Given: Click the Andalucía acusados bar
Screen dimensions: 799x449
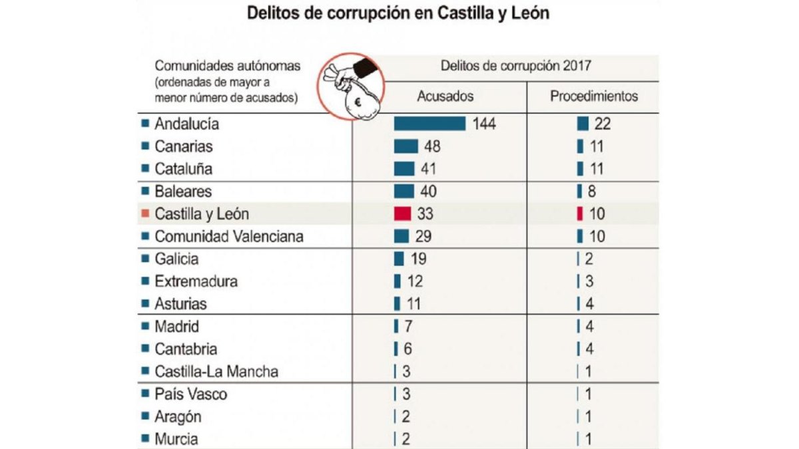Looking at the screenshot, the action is [429, 124].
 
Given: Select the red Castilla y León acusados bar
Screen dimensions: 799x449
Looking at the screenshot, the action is [402, 214].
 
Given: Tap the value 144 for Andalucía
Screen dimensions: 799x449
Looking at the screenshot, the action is [484, 124].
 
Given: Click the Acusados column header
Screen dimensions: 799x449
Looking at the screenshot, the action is [445, 96].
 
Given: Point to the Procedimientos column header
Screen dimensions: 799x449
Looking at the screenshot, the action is [593, 96].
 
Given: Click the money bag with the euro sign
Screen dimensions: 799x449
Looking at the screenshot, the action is [361, 102].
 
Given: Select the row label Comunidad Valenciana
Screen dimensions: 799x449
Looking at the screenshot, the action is [228, 237].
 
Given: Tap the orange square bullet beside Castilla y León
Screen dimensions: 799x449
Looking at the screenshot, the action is [145, 214].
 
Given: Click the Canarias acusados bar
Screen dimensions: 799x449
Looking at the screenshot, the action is [405, 146].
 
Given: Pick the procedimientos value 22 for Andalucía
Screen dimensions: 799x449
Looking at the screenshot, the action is [603, 124].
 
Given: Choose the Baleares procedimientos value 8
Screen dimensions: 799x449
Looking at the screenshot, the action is [592, 192].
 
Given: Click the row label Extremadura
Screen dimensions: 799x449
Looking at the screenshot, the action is [196, 281].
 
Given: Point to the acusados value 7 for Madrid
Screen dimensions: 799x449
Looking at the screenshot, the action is [408, 327].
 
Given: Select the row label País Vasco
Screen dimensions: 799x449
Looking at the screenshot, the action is [191, 394].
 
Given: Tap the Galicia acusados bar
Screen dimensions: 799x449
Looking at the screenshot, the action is [399, 259].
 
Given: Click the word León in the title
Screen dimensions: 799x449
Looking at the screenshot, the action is [531, 13].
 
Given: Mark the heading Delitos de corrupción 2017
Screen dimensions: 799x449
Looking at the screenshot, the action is [516, 66].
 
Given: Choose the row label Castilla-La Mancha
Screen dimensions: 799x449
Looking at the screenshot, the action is [216, 372].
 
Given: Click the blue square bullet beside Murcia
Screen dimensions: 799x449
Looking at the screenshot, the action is [145, 438].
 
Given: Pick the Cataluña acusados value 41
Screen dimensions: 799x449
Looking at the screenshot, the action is [428, 169].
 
